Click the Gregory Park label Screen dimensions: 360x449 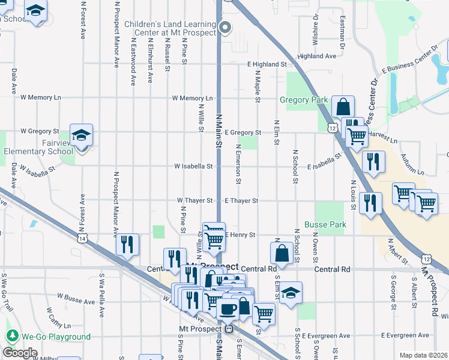pos(302,100)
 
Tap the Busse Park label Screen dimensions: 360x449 pos(330,224)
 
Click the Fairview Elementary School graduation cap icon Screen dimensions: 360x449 pos(81,135)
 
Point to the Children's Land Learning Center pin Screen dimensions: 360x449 pos(226,26)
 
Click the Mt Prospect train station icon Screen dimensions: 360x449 pos(228,329)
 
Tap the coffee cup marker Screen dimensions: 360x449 pos(227,308)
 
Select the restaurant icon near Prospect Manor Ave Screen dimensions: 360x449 pos(127,244)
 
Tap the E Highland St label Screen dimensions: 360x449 pos(267,64)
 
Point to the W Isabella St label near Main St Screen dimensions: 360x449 pos(193,166)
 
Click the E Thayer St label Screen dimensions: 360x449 pos(241,200)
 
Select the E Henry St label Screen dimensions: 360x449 pos(240,234)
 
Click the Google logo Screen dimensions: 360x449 pos(20,353)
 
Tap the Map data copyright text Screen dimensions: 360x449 pos(423,355)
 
